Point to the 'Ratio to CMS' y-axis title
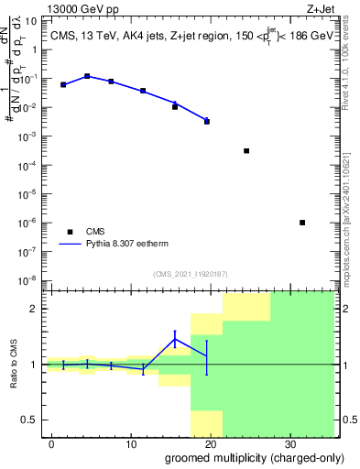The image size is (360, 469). (14, 365)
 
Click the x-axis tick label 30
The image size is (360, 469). (289, 442)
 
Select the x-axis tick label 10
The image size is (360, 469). (131, 442)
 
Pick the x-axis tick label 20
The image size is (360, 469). (210, 442)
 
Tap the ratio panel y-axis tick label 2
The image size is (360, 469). (34, 309)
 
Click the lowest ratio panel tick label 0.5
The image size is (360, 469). (30, 420)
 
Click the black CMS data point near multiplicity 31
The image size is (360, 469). (302, 223)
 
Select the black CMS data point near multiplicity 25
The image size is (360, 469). (246, 150)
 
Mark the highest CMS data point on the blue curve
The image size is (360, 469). (87, 77)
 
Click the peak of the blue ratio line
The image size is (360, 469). (175, 339)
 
